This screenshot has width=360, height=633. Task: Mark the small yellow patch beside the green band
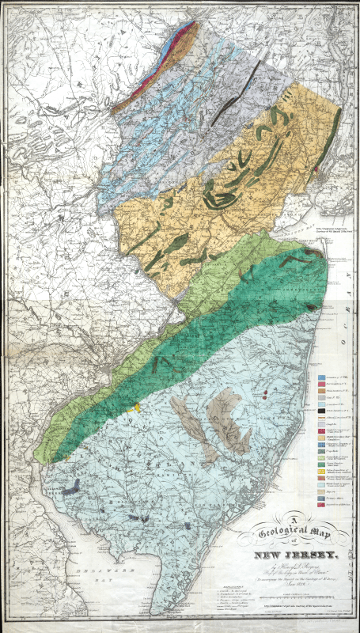pos(138,407)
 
